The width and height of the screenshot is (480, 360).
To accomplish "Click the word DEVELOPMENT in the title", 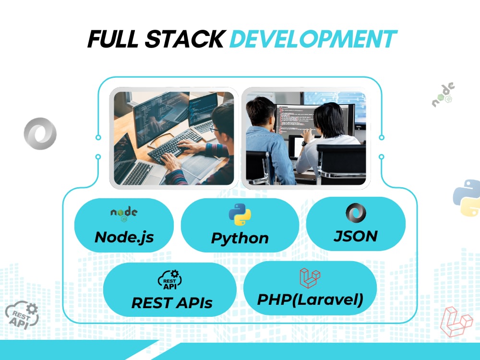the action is (x=313, y=39).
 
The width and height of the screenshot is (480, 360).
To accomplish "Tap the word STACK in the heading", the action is (x=185, y=39).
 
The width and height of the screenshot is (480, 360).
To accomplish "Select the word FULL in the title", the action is (x=113, y=39).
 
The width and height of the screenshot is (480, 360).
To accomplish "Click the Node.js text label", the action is (x=124, y=237).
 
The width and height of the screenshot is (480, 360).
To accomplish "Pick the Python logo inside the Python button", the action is (x=240, y=215).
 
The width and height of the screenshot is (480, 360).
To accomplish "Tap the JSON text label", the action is (x=356, y=236).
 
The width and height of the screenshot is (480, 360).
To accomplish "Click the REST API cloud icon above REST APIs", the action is (x=170, y=280).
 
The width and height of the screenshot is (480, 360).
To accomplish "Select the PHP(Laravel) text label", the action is (x=310, y=300).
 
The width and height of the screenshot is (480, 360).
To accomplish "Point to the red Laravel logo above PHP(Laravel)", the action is (x=310, y=278).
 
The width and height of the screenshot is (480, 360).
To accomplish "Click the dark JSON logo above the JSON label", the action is (x=356, y=213).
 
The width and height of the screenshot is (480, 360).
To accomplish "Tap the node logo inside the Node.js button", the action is (x=124, y=214).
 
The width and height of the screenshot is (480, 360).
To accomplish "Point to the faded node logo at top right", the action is (x=443, y=95).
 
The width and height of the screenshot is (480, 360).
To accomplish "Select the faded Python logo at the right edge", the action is (x=467, y=198).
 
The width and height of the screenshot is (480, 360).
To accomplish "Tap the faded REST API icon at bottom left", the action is (x=22, y=315).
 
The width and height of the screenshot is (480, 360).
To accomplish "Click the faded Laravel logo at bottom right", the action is (x=456, y=322).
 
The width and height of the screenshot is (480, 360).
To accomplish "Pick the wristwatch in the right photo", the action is (x=304, y=143).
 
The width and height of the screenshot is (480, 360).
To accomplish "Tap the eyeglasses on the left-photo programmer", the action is (x=215, y=129).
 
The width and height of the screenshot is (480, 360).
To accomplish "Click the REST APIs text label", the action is (x=172, y=303).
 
